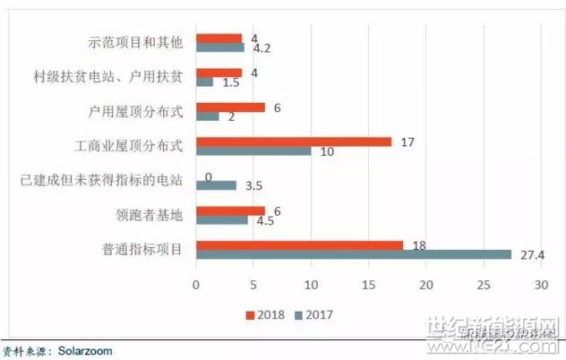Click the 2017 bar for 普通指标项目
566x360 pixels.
[x=353, y=255]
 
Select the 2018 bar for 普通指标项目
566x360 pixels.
[x=299, y=244]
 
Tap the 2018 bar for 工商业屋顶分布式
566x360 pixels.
[x=294, y=141]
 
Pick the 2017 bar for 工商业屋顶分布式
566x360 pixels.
[x=253, y=150]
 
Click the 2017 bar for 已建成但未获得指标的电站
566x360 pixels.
[x=216, y=185]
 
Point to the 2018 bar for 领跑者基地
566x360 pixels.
[x=230, y=210]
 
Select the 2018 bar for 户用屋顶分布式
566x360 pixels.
[x=230, y=107]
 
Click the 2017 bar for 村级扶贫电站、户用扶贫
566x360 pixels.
[x=204, y=81]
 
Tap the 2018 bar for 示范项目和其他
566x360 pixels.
[x=219, y=39]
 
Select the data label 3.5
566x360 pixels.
[x=253, y=185]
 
